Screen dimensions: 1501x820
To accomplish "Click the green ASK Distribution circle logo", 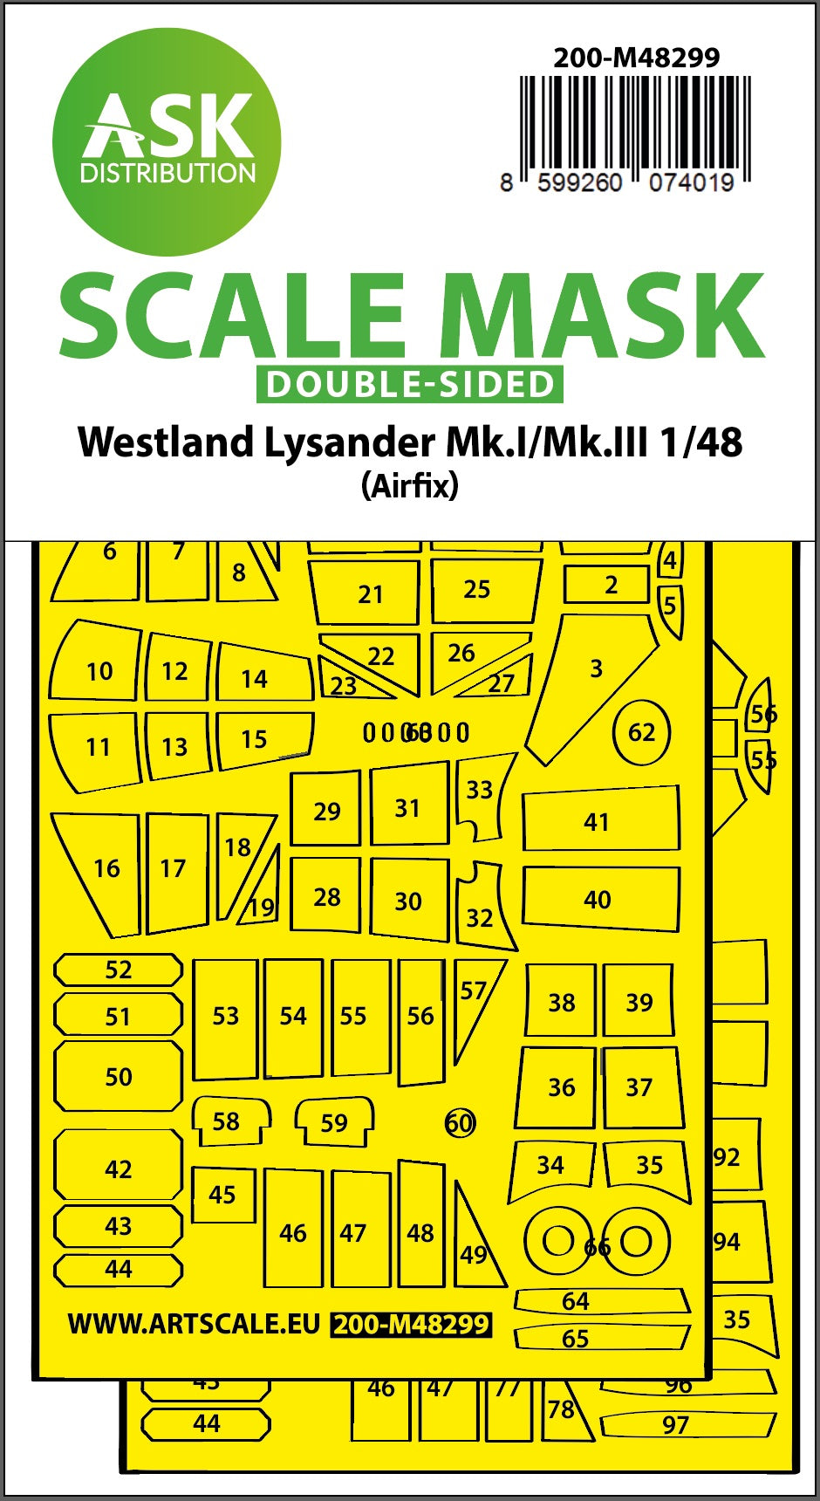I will pos(167,142).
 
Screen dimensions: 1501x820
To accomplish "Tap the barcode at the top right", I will pos(634,122).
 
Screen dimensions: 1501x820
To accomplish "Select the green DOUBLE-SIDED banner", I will pos(409,385).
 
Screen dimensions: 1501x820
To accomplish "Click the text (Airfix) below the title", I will pos(409,485).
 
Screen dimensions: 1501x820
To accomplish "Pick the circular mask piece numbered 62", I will pos(641,732).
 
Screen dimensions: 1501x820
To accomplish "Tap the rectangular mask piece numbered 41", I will pos(599,821).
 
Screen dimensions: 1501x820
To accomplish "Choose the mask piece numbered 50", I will pos(119,1076).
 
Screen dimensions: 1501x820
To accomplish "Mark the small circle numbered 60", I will pos(460,1122).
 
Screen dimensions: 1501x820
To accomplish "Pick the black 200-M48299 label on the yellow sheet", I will pos(412,1325).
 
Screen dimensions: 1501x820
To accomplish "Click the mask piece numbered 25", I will pos(482,590).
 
